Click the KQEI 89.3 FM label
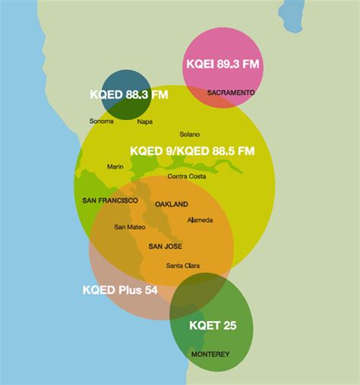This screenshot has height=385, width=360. pyautogui.click(x=223, y=65)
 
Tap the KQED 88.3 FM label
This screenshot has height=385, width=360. pyautogui.click(x=128, y=95)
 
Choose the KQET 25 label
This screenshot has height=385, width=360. pyautogui.click(x=213, y=326)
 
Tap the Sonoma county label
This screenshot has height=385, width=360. pyautogui.click(x=101, y=121)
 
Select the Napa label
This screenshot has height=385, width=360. pyautogui.click(x=144, y=121)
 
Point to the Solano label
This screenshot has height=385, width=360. pyautogui.click(x=189, y=134)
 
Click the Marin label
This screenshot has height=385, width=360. pyautogui.click(x=115, y=167)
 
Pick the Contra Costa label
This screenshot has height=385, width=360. pyautogui.click(x=187, y=177)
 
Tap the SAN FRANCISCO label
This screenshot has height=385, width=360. pyautogui.click(x=110, y=200)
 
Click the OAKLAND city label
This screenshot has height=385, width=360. pyautogui.click(x=171, y=205)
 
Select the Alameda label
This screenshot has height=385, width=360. pyautogui.click(x=200, y=220)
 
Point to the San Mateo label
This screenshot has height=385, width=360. pyautogui.click(x=130, y=227)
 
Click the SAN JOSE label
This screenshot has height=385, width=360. pyautogui.click(x=165, y=246)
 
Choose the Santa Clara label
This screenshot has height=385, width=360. pyautogui.click(x=183, y=266)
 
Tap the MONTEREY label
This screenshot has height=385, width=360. pyautogui.click(x=210, y=355)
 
